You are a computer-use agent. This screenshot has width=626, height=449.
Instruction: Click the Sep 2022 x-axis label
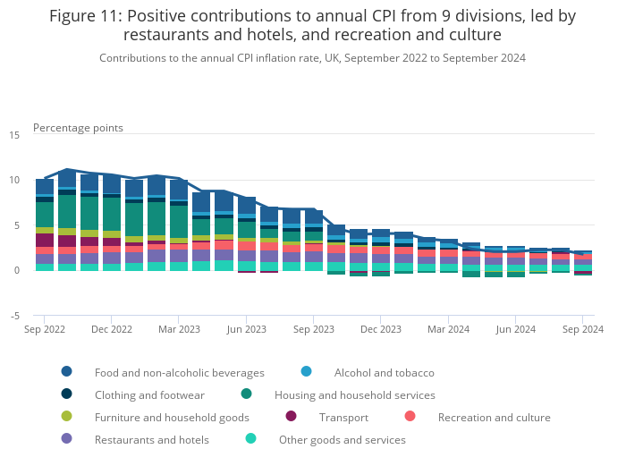click(44, 329)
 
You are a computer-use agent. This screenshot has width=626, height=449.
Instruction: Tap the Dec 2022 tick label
click(111, 329)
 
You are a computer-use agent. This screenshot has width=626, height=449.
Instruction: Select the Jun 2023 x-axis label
click(246, 329)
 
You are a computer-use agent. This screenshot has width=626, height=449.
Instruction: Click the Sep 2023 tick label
click(313, 329)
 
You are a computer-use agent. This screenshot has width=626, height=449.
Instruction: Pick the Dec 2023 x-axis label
click(381, 329)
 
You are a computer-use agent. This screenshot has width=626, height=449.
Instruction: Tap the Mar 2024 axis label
click(448, 329)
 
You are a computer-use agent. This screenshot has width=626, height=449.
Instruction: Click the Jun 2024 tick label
click(516, 329)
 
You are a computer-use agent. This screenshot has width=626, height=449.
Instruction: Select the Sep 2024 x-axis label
click(583, 329)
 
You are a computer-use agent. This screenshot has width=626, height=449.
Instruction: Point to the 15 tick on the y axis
click(13, 135)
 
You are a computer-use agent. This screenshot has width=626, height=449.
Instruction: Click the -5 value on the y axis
click(14, 316)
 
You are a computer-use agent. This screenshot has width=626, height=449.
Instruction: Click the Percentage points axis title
click(78, 128)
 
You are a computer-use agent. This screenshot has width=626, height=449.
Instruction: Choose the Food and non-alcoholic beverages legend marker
click(67, 372)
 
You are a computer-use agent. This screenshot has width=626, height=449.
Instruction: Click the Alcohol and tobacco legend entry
click(384, 372)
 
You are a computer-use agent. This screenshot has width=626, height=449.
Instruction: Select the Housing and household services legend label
click(354, 394)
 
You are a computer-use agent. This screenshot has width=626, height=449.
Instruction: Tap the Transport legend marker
click(292, 417)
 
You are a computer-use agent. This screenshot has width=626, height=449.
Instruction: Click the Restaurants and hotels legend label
click(151, 439)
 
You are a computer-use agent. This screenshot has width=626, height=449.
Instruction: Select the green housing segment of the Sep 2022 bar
click(45, 215)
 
